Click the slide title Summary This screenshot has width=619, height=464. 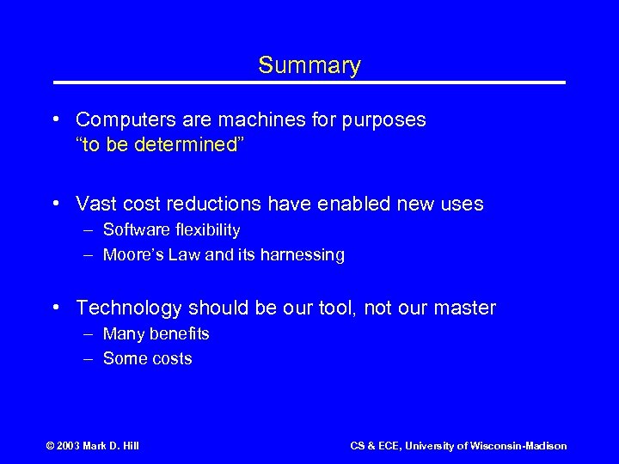(309, 65)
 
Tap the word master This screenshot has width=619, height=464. (467, 308)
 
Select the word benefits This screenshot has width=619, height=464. (178, 333)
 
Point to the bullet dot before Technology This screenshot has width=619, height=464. (55, 308)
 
